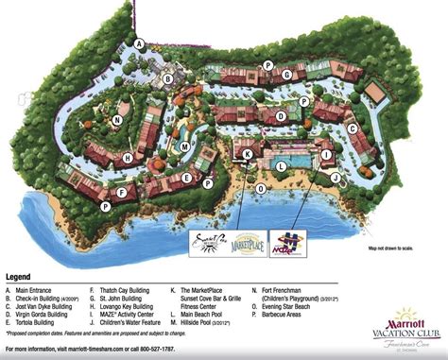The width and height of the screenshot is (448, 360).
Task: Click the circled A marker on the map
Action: (139, 43)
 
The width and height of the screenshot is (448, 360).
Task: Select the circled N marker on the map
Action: (116, 120)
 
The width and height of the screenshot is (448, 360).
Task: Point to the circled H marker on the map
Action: (128, 158)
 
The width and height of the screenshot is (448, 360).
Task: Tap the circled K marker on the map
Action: (248, 153)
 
